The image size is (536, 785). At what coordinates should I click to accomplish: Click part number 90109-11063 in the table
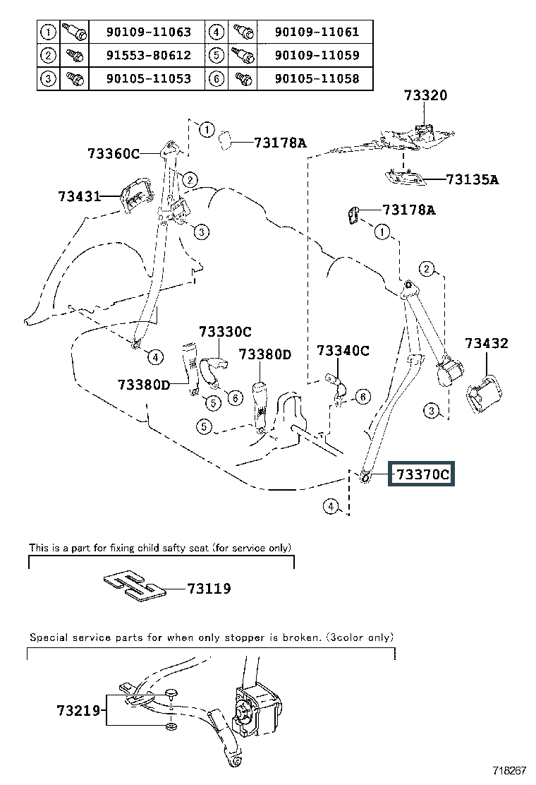pos(149,32)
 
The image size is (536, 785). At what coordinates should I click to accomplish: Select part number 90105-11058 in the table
pos(317,78)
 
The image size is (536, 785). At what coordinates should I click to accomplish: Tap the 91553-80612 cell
pos(149,55)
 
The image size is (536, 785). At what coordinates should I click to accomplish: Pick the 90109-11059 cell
pos(317,55)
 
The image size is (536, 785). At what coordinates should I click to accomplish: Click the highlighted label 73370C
pos(422,474)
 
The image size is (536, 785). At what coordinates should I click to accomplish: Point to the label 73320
pos(425,95)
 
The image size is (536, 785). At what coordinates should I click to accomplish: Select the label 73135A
pos(472,179)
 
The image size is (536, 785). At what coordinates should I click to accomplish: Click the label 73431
pos(80,196)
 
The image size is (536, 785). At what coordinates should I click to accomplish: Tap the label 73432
pos(487,343)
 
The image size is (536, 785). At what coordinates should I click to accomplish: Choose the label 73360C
pos(114,153)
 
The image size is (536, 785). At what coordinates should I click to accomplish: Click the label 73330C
pos(226,331)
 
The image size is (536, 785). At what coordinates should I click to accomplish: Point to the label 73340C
pos(343,350)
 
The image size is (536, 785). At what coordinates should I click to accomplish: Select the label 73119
pos(209,588)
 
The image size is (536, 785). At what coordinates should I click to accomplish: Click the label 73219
pos(78,710)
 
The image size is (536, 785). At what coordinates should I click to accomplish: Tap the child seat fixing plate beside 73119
pos(134,585)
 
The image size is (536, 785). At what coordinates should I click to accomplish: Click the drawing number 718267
pos(510,770)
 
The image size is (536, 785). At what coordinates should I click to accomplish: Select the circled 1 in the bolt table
pos(48,32)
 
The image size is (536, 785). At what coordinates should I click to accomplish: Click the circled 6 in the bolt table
pos(216,78)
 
